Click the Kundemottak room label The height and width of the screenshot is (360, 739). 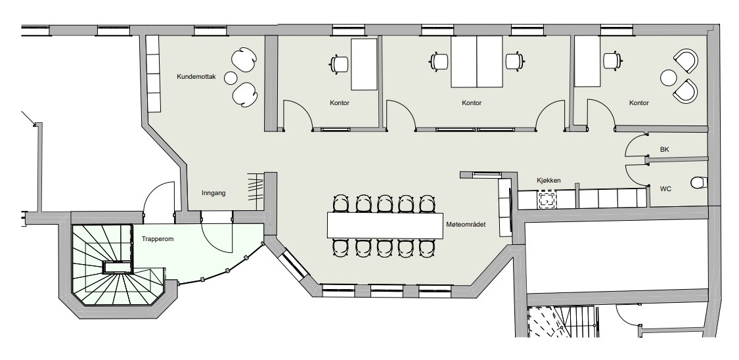pyautogui.click(x=196, y=76)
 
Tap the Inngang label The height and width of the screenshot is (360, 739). pyautogui.click(x=213, y=192)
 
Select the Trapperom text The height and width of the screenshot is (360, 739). pyautogui.click(x=158, y=239)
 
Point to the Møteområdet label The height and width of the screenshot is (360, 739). pyautogui.click(x=466, y=224)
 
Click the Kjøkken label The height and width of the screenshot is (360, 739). pyautogui.click(x=549, y=181)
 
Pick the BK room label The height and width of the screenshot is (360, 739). pyautogui.click(x=665, y=149)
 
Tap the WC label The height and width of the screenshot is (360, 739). pyautogui.click(x=665, y=189)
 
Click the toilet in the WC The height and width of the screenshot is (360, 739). pyautogui.click(x=700, y=182)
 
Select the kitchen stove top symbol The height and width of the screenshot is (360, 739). pyautogui.click(x=547, y=199)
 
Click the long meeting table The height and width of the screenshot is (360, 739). pyautogui.click(x=385, y=225)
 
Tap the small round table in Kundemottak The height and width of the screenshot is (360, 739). pyautogui.click(x=231, y=78)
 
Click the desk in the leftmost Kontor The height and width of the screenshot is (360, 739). pyautogui.click(x=365, y=64)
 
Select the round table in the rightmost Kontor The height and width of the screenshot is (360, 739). pyautogui.click(x=668, y=78)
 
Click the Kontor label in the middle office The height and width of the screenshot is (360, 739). pyautogui.click(x=472, y=102)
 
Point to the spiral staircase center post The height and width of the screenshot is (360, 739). pyautogui.click(x=118, y=267)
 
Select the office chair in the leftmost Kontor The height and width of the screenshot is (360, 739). pyautogui.click(x=338, y=64)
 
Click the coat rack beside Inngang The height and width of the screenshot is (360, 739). pyautogui.click(x=256, y=187)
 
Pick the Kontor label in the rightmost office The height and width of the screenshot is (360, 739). pyautogui.click(x=639, y=102)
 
